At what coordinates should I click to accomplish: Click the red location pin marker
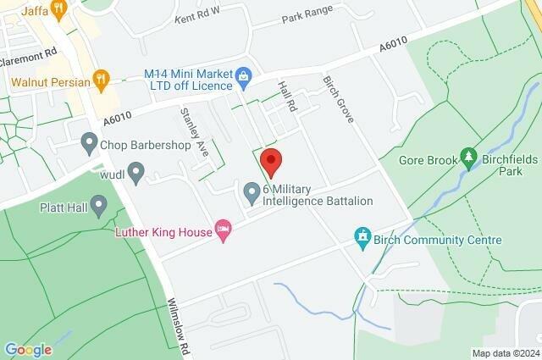270,159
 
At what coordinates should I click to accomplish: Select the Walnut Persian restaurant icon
102,80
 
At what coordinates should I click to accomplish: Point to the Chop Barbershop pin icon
89,143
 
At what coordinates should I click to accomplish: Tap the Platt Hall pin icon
99,204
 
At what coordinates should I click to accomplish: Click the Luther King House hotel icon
224,230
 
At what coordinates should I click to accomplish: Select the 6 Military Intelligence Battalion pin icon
252,193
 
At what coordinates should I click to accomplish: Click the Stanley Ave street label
194,131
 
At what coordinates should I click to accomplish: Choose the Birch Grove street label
336,99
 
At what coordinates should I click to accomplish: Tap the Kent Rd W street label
196,14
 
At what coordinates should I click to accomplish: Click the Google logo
28,349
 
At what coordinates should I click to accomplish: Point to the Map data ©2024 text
505,353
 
